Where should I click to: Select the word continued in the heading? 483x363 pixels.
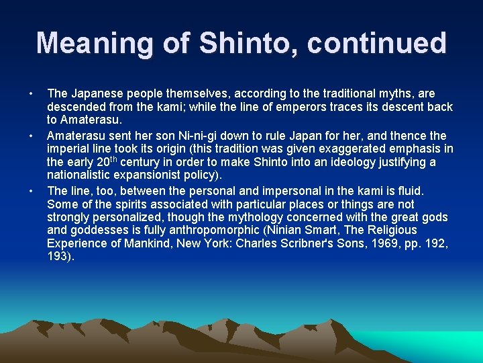pyautogui.click(x=377, y=43)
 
